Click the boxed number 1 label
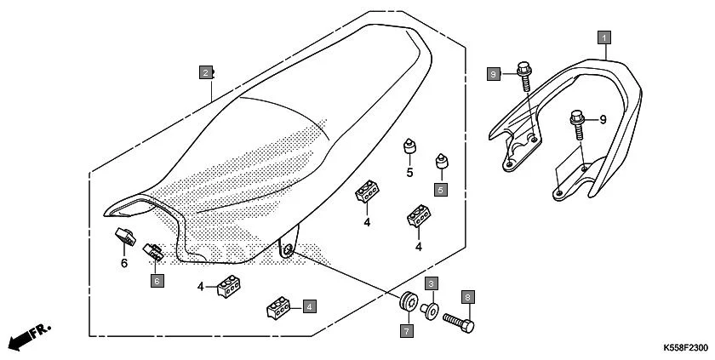603,37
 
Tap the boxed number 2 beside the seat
206,72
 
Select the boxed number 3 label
432,283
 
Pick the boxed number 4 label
309,305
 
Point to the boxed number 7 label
406,329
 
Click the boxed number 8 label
467,296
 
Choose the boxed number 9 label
492,75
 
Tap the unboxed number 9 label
603,120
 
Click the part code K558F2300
685,349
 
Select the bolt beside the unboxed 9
579,120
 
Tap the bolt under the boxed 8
459,323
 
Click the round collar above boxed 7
409,302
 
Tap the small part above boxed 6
153,251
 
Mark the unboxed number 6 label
123,263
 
